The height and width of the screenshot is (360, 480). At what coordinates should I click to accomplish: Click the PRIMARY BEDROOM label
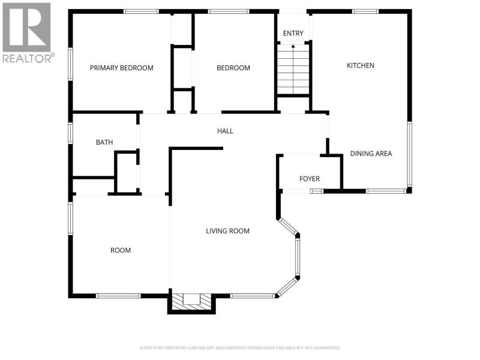click(x=122, y=68)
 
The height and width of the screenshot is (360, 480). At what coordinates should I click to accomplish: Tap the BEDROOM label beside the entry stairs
click(x=233, y=68)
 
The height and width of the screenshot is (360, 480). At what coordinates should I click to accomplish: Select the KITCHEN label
click(x=361, y=65)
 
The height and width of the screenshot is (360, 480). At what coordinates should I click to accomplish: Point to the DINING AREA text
click(x=371, y=154)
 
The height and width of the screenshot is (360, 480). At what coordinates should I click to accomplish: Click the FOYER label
click(x=310, y=179)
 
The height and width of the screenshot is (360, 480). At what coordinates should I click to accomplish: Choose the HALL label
click(x=225, y=131)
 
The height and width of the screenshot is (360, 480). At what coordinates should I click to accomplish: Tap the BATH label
click(x=104, y=142)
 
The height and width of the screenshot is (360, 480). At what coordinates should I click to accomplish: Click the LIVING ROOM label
click(x=227, y=231)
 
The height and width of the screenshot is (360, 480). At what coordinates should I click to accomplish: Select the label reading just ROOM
click(x=121, y=250)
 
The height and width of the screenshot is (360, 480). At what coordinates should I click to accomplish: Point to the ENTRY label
click(x=293, y=34)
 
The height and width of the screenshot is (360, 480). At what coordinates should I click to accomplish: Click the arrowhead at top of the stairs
click(x=293, y=46)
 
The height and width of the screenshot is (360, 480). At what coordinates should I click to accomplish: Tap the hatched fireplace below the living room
click(x=191, y=302)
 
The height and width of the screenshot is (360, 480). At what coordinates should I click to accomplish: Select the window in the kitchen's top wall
click(x=365, y=11)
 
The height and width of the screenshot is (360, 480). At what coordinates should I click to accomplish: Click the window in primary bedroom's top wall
click(x=141, y=11)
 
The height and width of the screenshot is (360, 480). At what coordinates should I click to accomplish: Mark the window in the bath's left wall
click(x=70, y=133)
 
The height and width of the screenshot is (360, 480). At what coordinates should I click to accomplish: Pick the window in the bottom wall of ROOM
click(x=118, y=296)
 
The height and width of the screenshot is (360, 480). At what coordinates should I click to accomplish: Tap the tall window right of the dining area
click(x=409, y=154)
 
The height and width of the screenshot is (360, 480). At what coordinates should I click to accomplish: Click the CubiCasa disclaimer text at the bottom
click(x=239, y=348)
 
